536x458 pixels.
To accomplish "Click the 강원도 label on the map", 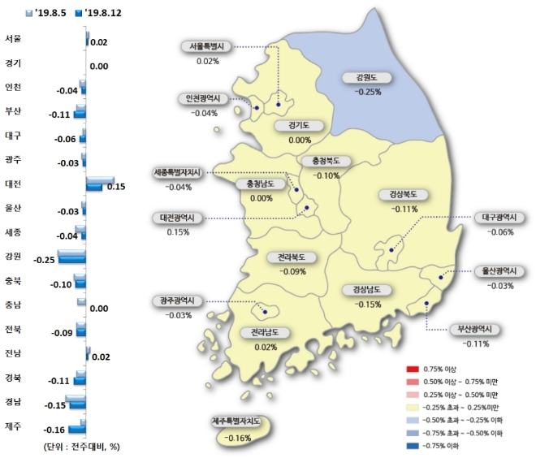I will click(367, 79).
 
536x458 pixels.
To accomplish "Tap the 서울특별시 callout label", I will click(207, 47).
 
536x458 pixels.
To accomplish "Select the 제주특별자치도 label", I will click(240, 422).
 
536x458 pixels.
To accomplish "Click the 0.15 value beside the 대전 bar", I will click(115, 186).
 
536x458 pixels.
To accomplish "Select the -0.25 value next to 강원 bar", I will click(45, 259).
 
